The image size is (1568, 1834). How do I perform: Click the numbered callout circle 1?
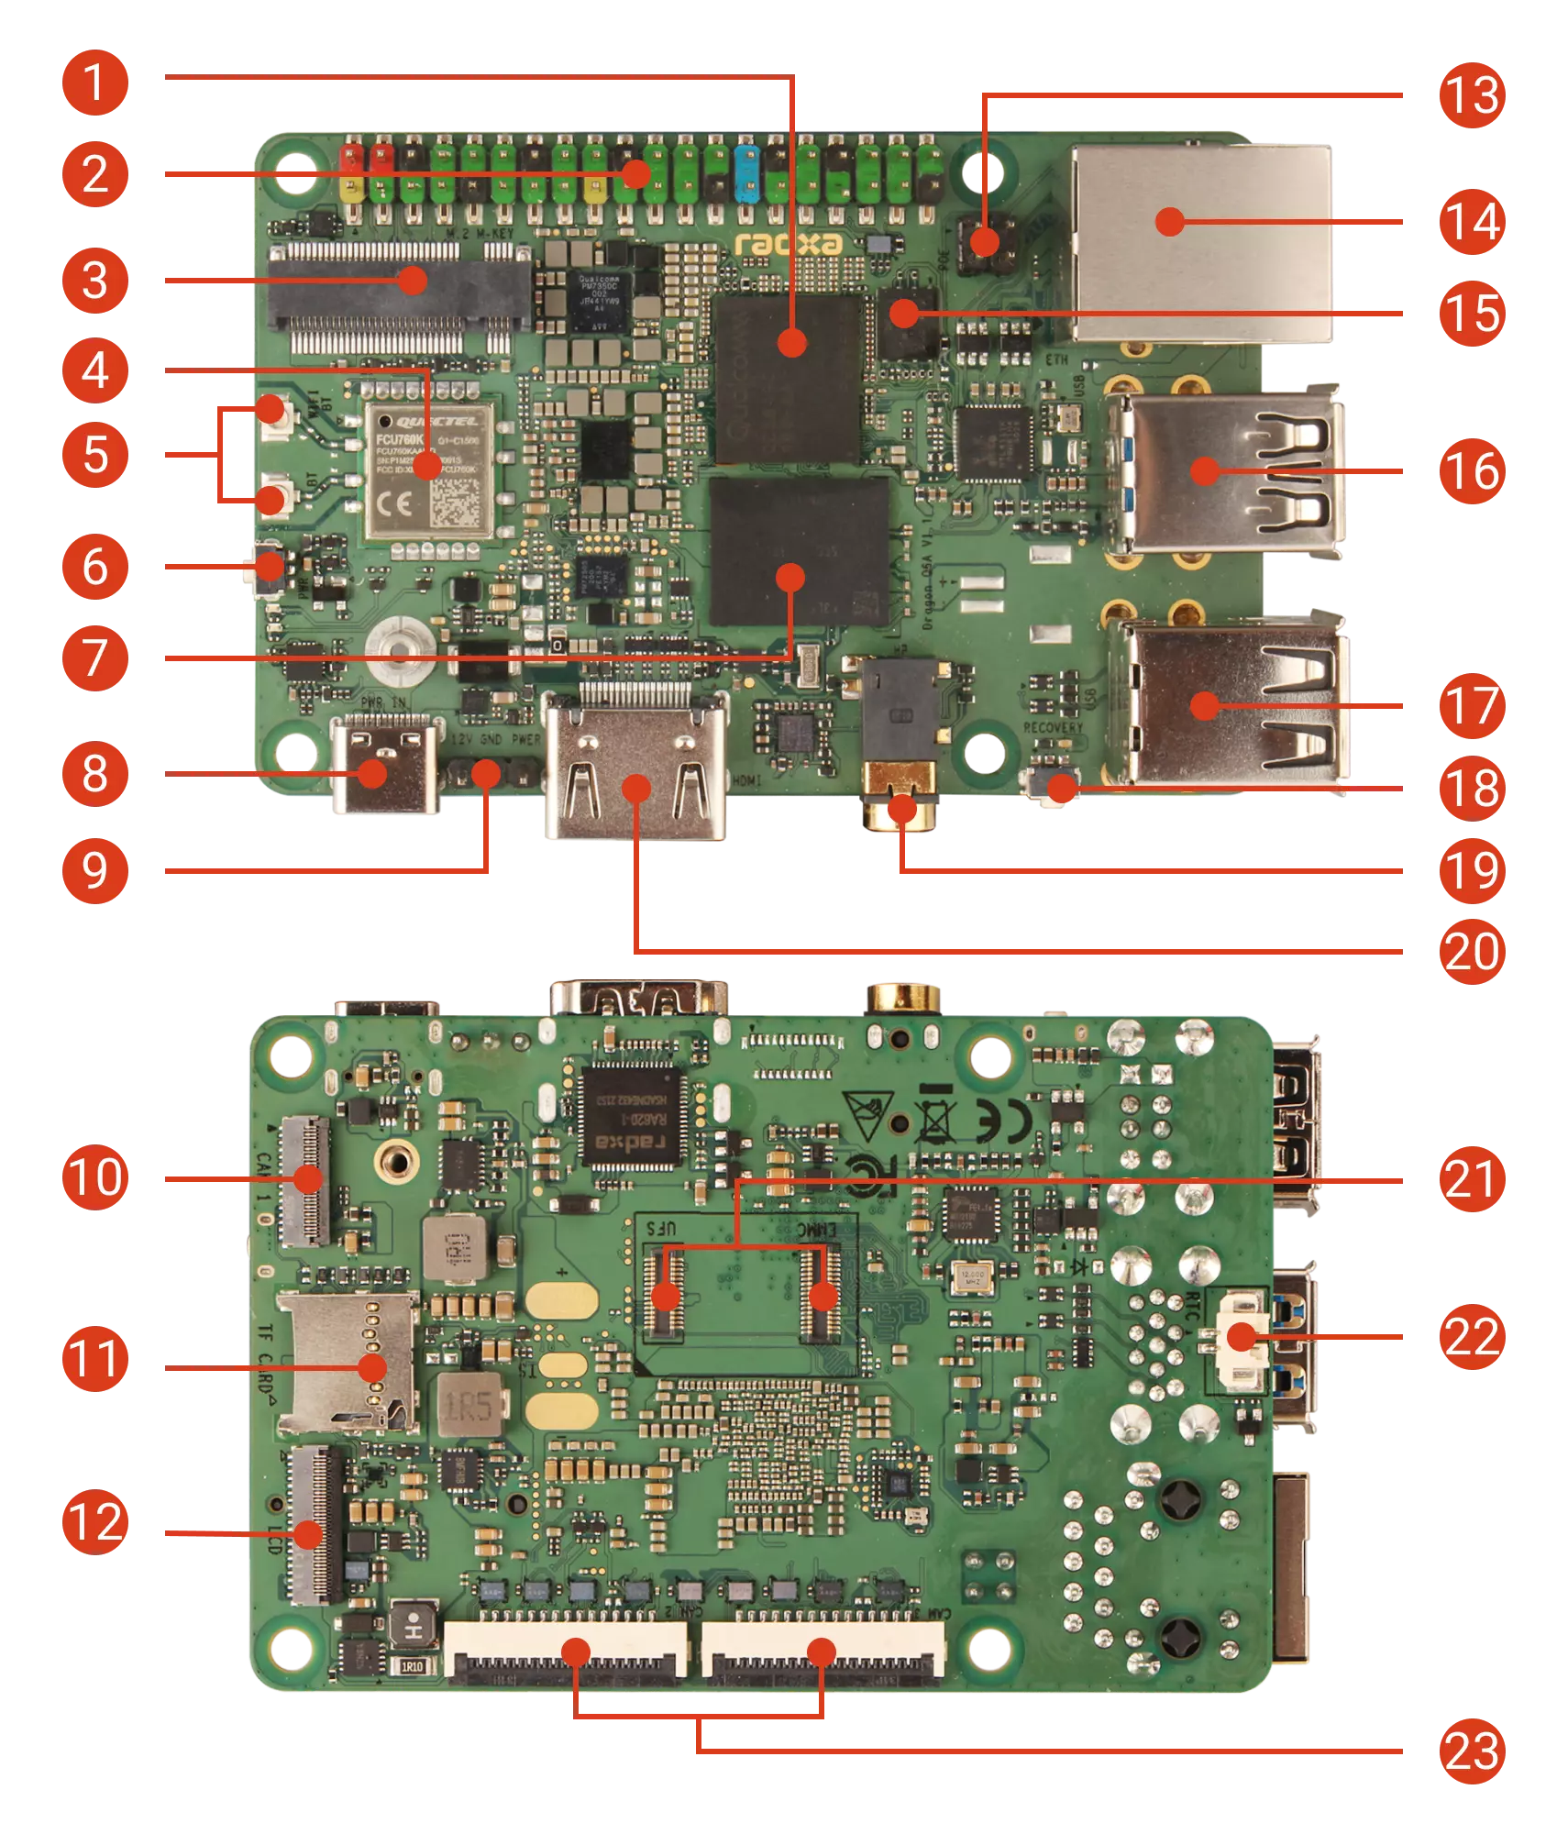tap(94, 83)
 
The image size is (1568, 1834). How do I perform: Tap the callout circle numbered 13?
tap(1472, 95)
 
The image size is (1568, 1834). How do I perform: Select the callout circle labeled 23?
tap(1472, 1751)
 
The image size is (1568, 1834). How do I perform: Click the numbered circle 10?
tap(94, 1177)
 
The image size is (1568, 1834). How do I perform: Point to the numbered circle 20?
tap(1472, 951)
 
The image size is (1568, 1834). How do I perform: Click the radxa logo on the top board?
tap(789, 244)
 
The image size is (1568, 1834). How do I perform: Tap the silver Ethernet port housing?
tap(1201, 243)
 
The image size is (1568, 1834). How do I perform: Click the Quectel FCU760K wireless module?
tap(429, 470)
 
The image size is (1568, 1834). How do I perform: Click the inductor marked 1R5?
tap(469, 1405)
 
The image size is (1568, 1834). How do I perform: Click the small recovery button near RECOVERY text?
tap(1053, 787)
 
